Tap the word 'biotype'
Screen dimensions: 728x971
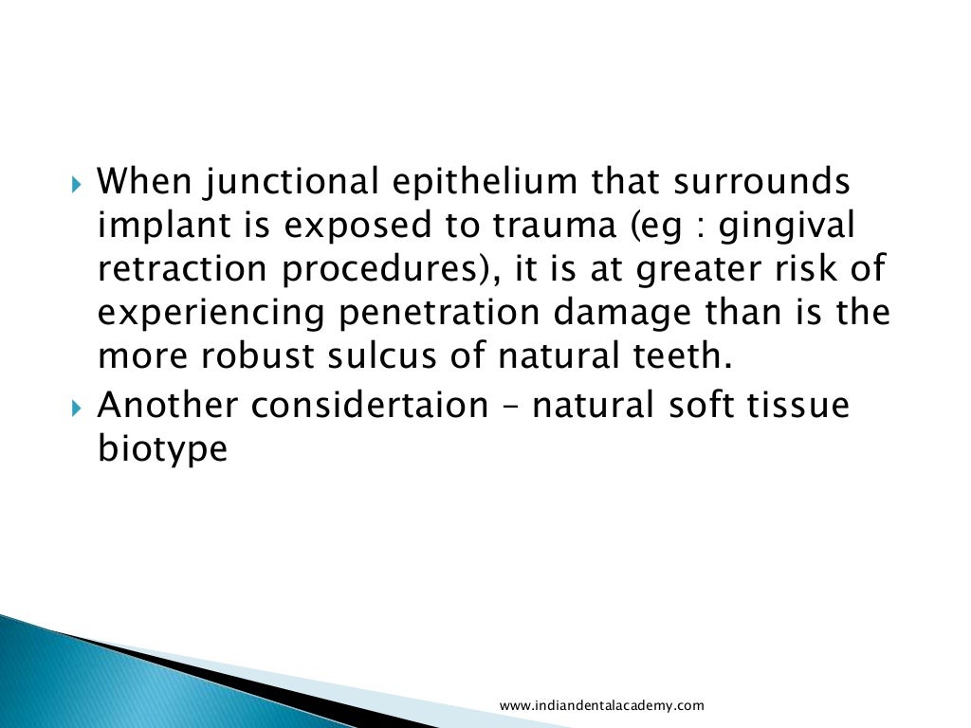pyautogui.click(x=163, y=448)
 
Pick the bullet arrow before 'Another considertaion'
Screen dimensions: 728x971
pyautogui.click(x=78, y=405)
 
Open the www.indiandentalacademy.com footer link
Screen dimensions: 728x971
pyautogui.click(x=601, y=705)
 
